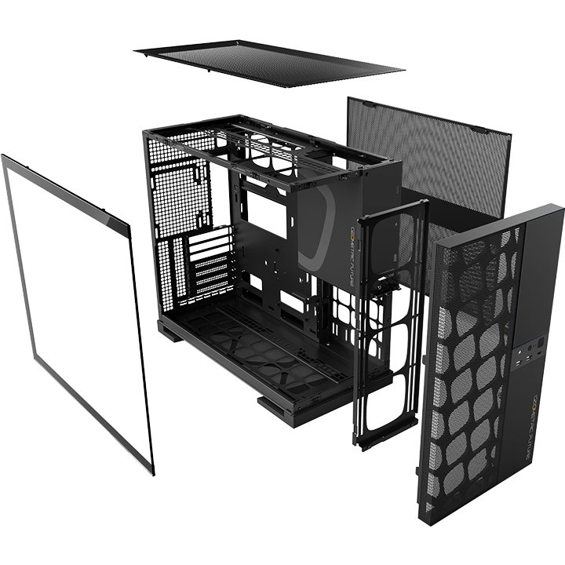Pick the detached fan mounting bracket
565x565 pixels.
[x=388, y=314]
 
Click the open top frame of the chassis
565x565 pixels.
[x=267, y=145]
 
